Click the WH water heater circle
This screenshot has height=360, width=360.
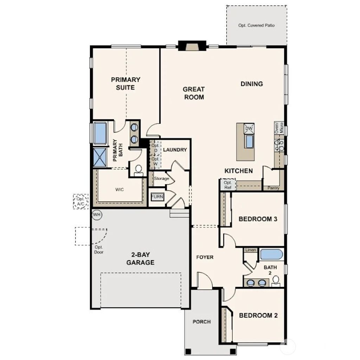97,214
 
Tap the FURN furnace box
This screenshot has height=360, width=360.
157,197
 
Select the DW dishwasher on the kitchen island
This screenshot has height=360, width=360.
249,128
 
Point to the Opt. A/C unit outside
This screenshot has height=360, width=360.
81,201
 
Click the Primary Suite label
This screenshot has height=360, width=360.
126,83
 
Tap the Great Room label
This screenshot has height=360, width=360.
194,93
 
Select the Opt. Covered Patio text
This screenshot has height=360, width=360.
256,25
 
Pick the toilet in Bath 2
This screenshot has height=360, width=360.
276,280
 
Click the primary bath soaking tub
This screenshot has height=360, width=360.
100,133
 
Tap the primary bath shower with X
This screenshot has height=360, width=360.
99,156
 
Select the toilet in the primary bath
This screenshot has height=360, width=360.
139,169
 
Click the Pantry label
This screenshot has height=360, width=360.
274,188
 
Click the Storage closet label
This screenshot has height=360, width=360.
161,179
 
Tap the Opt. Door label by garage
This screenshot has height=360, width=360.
99,250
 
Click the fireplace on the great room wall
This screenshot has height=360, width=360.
192,46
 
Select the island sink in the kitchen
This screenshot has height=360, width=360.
249,142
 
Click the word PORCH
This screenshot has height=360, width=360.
202,322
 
